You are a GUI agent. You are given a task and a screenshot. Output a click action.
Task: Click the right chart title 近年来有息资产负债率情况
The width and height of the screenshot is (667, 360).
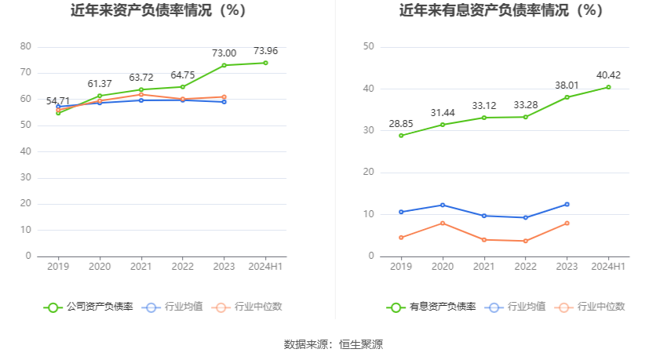(x=501, y=11)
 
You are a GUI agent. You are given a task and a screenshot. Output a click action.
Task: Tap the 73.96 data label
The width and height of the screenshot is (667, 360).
(x=266, y=50)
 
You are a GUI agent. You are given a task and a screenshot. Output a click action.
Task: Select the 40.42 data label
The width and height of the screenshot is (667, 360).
(x=609, y=75)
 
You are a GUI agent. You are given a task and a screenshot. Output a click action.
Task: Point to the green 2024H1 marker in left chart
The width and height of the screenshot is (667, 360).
(x=265, y=63)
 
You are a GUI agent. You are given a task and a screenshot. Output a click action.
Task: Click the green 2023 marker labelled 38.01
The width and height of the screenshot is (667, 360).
(x=567, y=97)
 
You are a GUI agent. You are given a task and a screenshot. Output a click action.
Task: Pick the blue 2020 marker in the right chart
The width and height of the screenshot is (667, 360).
(x=443, y=205)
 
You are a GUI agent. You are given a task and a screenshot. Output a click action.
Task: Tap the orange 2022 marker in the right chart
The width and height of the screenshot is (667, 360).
(x=525, y=241)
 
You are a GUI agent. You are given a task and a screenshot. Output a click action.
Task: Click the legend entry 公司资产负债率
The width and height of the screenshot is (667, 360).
(x=89, y=307)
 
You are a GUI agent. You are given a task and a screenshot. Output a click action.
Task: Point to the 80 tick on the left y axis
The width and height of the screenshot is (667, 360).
(x=26, y=47)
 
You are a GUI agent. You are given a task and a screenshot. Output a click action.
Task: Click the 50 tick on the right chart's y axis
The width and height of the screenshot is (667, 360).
(x=368, y=47)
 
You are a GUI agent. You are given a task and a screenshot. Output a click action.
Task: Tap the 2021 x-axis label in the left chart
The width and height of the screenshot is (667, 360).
(x=141, y=267)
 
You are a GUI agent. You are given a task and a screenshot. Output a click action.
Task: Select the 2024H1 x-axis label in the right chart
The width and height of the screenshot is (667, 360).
(x=608, y=267)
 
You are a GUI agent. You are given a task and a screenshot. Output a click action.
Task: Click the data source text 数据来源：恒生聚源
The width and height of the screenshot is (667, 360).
(x=333, y=344)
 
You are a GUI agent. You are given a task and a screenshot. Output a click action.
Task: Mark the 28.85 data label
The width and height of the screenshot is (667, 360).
(x=401, y=124)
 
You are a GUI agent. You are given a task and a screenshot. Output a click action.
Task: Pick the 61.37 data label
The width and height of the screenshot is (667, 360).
(x=100, y=84)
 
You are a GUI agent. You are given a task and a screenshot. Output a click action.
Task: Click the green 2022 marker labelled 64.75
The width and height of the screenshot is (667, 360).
(x=183, y=87)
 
